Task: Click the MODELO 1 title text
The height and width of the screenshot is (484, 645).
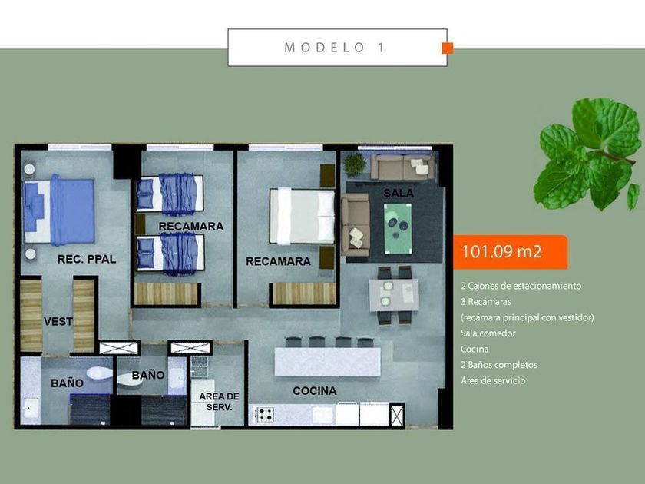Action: [x=335, y=48]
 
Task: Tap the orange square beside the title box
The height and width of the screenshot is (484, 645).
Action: [x=448, y=48]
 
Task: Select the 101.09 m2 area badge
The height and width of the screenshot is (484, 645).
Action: [x=510, y=252]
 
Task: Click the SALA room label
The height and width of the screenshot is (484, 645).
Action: [x=399, y=193]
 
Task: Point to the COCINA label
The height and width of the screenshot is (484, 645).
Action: [x=315, y=390]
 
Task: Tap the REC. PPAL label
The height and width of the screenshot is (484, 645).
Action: [x=86, y=259]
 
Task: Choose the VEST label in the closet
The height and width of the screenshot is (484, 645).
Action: [x=58, y=321]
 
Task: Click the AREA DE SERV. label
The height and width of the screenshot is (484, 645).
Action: [x=219, y=402]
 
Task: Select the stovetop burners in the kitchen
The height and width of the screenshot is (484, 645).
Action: [x=265, y=414]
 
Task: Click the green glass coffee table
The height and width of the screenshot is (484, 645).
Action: [x=398, y=228]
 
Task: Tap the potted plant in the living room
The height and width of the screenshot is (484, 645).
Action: [x=355, y=164]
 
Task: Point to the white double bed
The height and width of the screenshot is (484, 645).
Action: [x=303, y=217]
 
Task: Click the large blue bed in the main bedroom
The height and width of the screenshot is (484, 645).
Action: [x=59, y=211]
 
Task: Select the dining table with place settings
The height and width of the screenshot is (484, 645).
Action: [x=394, y=295]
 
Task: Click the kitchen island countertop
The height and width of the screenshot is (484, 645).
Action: [x=328, y=362]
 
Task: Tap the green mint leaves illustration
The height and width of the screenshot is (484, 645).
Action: [x=587, y=154]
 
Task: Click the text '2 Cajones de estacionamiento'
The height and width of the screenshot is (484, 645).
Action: [x=521, y=286]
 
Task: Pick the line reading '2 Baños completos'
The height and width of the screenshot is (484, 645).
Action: [x=499, y=365]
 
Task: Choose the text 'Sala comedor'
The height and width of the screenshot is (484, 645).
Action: [x=488, y=333]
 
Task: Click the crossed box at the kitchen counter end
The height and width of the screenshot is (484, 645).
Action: [x=396, y=416]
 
